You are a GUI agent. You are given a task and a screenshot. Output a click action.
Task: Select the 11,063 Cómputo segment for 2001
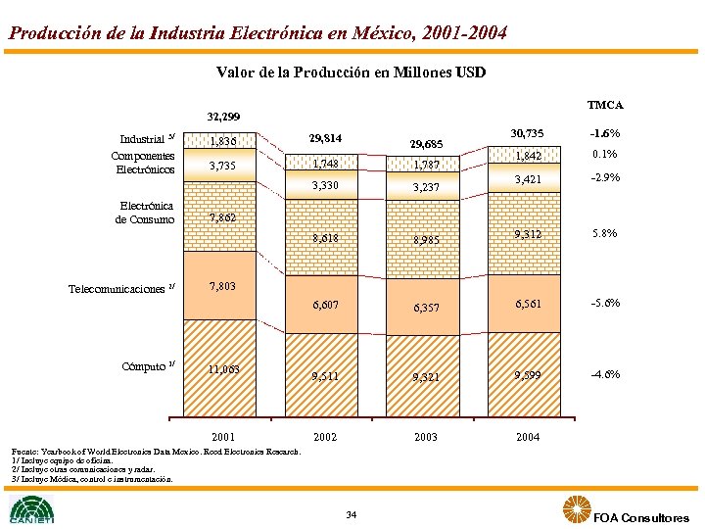point(225,370)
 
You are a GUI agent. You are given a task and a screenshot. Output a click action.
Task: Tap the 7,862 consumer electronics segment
point(225,217)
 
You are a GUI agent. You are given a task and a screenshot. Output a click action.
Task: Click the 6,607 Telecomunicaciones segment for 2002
point(325,305)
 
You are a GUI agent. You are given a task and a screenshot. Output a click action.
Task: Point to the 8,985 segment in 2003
point(426,240)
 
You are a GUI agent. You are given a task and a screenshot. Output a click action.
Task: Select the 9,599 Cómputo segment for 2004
point(528,374)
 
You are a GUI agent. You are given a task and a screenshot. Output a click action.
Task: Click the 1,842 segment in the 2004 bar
point(528,156)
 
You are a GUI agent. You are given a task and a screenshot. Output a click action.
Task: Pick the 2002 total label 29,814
point(325,138)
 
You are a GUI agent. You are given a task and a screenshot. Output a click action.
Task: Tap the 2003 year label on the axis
point(426,437)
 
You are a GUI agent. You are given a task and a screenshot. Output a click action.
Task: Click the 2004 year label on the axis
point(528,437)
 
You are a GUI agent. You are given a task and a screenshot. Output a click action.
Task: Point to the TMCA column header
point(604,105)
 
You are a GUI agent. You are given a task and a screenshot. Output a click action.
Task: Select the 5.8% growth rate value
point(604,234)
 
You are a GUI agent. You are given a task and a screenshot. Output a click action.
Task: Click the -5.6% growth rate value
point(604,303)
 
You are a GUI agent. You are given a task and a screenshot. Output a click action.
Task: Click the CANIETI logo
point(32,510)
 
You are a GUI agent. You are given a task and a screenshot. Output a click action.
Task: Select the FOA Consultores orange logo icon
point(577,510)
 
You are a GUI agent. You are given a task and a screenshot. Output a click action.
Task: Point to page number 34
point(352,515)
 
